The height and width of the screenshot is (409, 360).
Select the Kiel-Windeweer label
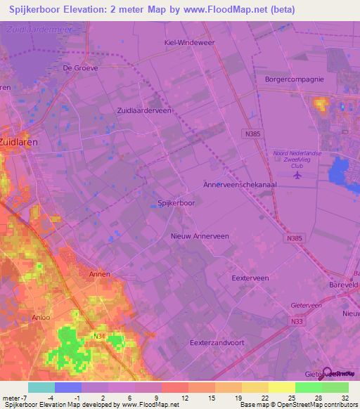(179, 41)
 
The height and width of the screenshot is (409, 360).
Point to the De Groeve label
(80, 68)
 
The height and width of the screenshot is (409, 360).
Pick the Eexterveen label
(250, 278)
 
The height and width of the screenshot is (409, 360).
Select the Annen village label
(99, 274)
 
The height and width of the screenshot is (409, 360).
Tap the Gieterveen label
(306, 306)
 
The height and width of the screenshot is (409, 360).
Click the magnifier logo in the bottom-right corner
(328, 373)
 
